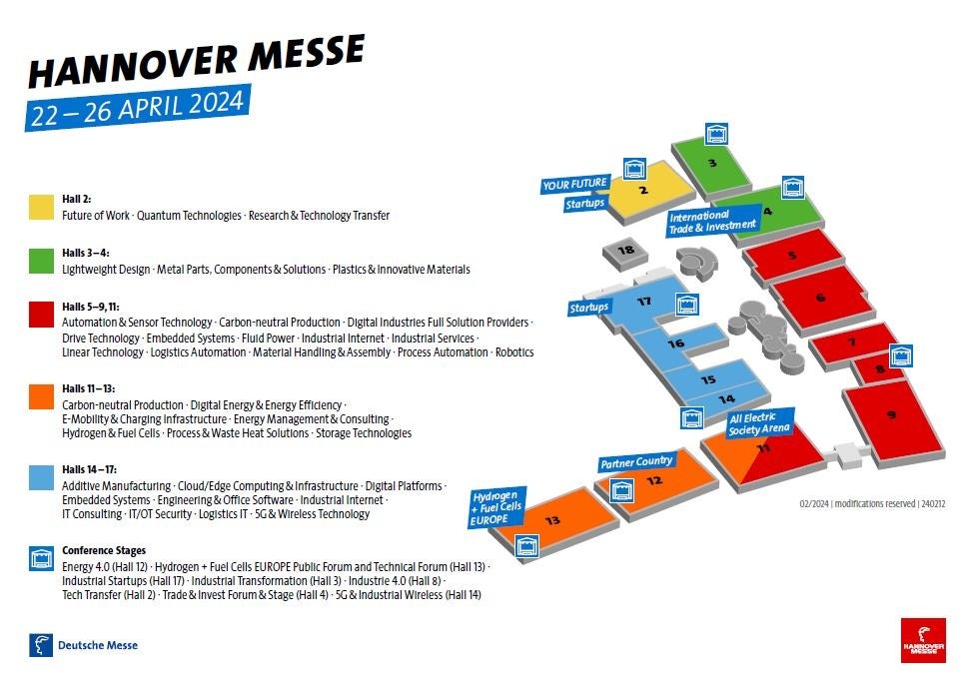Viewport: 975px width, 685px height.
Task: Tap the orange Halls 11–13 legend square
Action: tap(41, 396)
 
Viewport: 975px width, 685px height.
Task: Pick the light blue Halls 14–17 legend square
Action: tap(41, 476)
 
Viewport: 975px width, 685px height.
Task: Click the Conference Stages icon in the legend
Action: tap(41, 557)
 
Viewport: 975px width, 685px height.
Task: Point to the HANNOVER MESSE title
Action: tap(196, 62)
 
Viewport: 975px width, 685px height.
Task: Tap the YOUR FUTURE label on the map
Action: tap(574, 184)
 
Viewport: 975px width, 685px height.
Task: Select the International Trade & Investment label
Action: tap(712, 222)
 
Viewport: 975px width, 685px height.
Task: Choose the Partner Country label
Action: tap(636, 462)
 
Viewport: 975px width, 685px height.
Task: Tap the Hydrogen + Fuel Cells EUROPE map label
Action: tap(497, 507)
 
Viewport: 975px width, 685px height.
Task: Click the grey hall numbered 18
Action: tap(626, 250)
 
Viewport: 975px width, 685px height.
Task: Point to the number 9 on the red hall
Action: tap(891, 413)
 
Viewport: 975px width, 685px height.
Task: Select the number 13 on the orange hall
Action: tap(552, 520)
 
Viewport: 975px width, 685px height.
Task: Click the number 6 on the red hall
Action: tap(820, 297)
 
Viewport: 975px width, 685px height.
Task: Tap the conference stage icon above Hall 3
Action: tap(715, 133)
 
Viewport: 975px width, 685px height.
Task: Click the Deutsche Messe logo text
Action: tap(97, 645)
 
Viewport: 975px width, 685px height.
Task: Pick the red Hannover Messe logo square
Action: tap(922, 640)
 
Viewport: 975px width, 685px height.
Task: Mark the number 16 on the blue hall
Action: tap(676, 343)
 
